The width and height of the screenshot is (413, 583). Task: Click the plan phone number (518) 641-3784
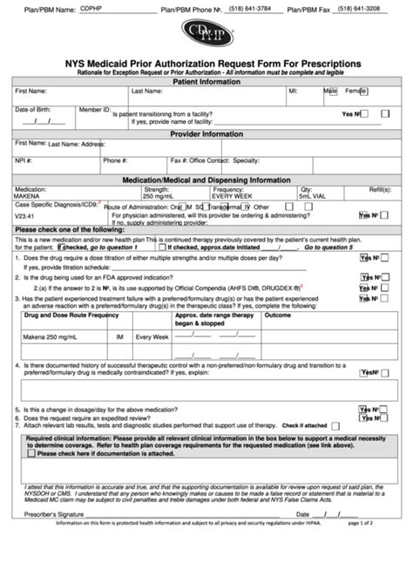(250, 9)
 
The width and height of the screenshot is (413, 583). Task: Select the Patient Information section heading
(206, 81)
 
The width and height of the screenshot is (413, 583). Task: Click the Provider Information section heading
(206, 134)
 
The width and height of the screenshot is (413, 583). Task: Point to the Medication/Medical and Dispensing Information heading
(206, 180)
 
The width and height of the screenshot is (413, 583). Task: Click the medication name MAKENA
(27, 196)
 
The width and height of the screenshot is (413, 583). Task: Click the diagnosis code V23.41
(25, 214)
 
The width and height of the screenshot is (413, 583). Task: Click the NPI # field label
(24, 160)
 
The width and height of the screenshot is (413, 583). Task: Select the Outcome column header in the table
(278, 315)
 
